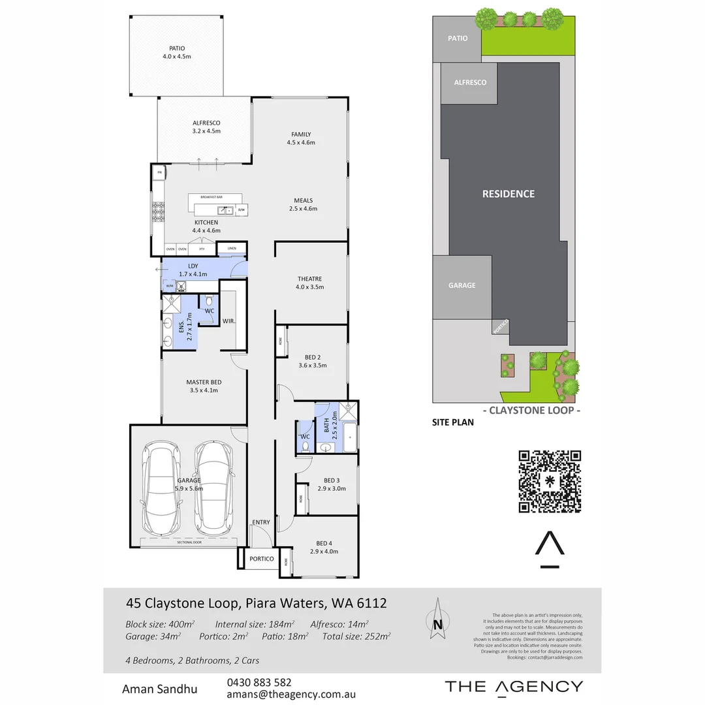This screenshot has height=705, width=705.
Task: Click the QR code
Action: pyautogui.click(x=550, y=482)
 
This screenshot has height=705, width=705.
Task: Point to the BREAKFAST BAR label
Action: pyautogui.click(x=215, y=196)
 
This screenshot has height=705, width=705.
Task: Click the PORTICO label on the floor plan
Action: pyautogui.click(x=261, y=559)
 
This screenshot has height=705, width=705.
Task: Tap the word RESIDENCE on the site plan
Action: pyautogui.click(x=508, y=194)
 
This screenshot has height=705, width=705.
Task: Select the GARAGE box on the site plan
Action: pyautogui.click(x=462, y=285)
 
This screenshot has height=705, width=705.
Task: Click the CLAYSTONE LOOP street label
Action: pyautogui.click(x=531, y=411)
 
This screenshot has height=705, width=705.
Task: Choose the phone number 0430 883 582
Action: pyautogui.click(x=259, y=682)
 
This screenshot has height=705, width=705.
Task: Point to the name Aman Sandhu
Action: pyautogui.click(x=160, y=689)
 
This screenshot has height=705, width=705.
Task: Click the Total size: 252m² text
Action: pyautogui.click(x=356, y=636)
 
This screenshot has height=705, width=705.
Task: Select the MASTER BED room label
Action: pyautogui.click(x=204, y=382)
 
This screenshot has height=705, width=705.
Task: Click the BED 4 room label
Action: pyautogui.click(x=324, y=543)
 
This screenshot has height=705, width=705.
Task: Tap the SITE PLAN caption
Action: pyautogui.click(x=452, y=422)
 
